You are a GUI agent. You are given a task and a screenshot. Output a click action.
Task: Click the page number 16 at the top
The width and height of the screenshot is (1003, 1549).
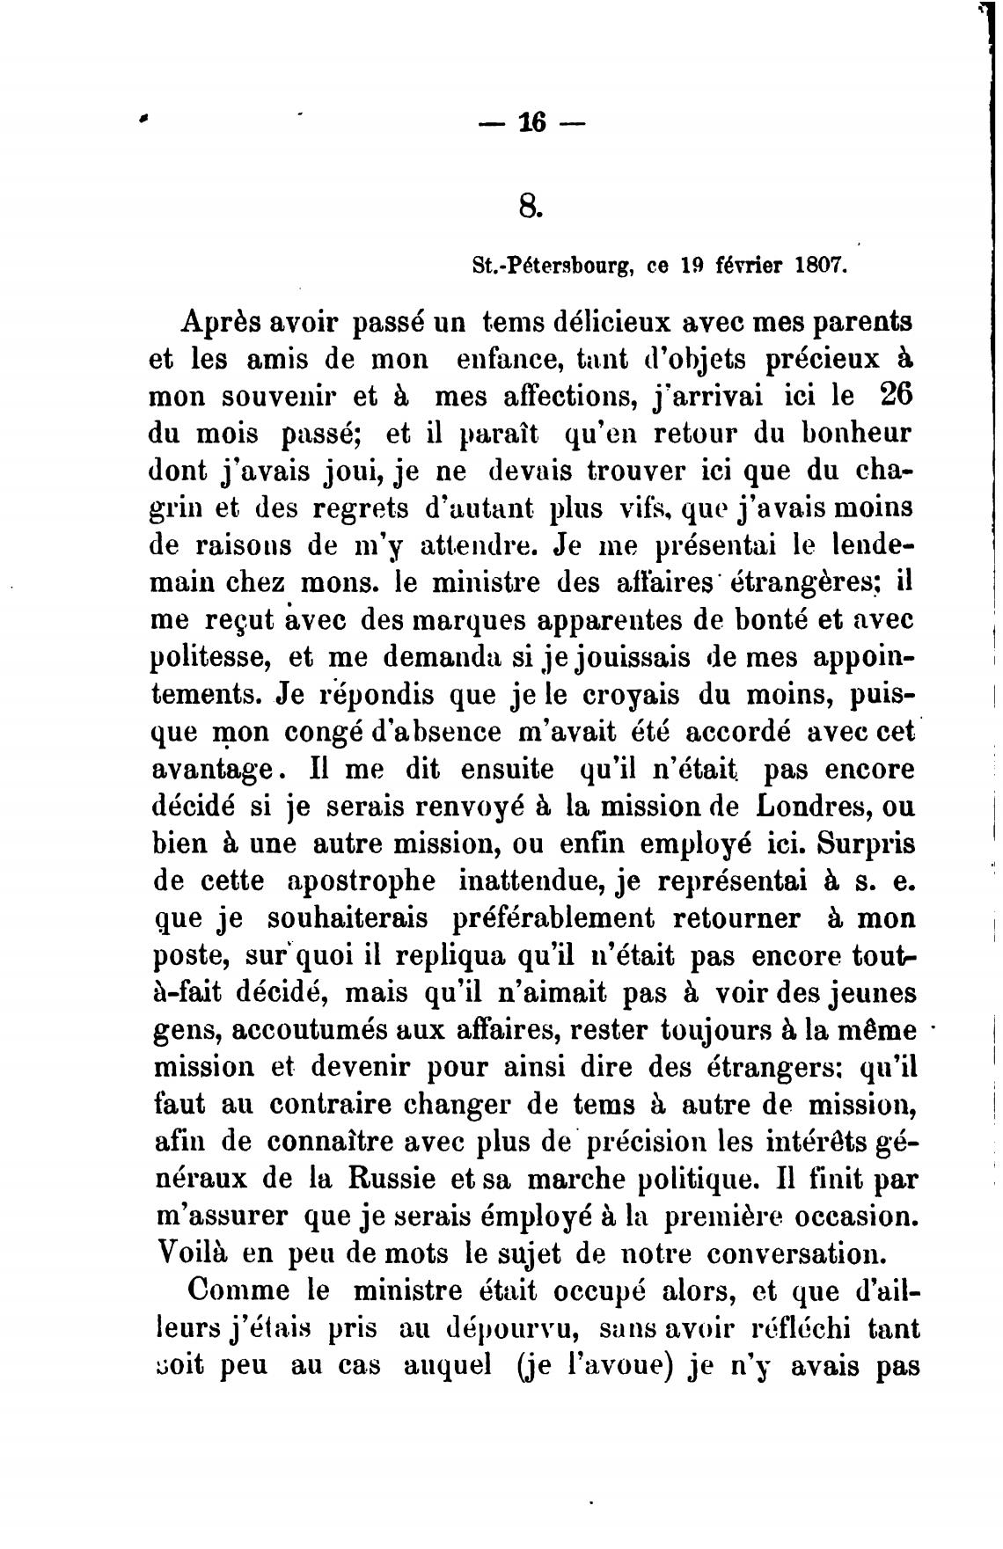tap(532, 123)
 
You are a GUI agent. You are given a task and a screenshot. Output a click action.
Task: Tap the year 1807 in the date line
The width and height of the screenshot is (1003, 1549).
tap(819, 265)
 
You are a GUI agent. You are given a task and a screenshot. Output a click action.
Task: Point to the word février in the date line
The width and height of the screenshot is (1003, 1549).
tap(739, 265)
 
